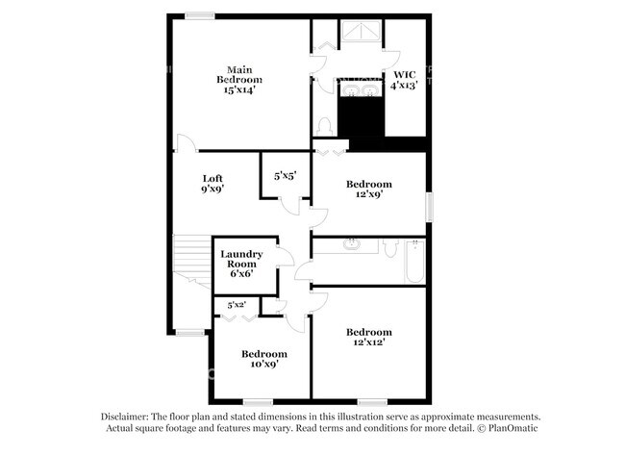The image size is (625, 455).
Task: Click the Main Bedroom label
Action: click(x=239, y=79)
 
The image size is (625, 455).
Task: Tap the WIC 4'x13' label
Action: click(x=401, y=79)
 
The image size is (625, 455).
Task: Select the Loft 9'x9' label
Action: click(x=212, y=183)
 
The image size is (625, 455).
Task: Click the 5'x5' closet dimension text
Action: click(x=285, y=176)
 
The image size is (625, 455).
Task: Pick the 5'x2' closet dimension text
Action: click(x=237, y=305)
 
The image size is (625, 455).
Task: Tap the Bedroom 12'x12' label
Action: click(x=369, y=338)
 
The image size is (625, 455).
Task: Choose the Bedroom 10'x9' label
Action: click(x=263, y=359)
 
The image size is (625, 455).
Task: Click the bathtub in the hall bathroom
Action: click(x=414, y=261)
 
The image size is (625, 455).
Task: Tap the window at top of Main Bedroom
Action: click(x=200, y=15)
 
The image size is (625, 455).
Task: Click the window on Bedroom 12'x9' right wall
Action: click(x=430, y=206)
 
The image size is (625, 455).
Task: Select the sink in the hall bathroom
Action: click(x=352, y=244)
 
